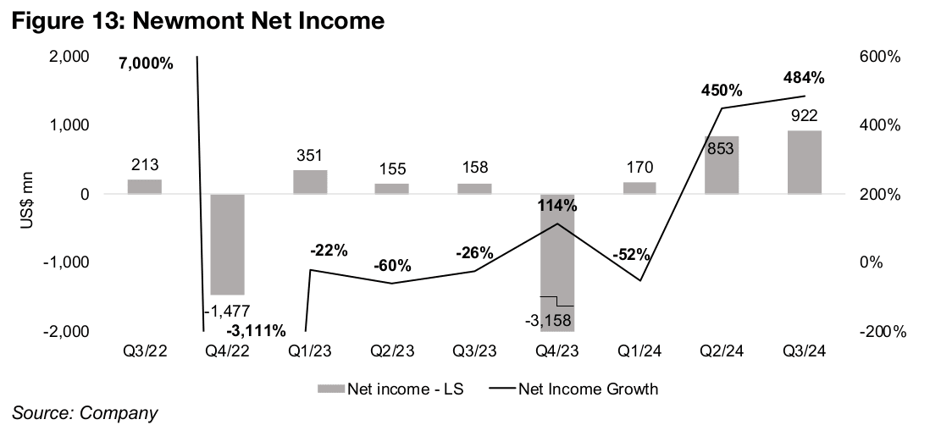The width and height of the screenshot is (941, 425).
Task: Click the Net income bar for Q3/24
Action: pyautogui.click(x=805, y=162)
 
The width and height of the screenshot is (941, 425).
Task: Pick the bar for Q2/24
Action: pyautogui.click(x=722, y=165)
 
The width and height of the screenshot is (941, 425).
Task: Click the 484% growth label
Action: pyautogui.click(x=804, y=78)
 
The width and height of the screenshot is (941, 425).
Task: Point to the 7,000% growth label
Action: pyautogui.click(x=146, y=63)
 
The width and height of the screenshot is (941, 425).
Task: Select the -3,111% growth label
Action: pyautogui.click(x=255, y=329)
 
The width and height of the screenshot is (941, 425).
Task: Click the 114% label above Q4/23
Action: pyautogui.click(x=556, y=205)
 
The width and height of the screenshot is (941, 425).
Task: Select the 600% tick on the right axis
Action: pyautogui.click(x=879, y=57)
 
